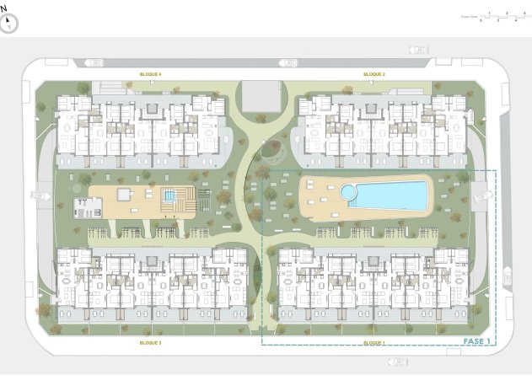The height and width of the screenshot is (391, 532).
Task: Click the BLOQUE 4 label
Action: [150, 74]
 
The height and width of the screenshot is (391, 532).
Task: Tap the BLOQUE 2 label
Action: [374, 74]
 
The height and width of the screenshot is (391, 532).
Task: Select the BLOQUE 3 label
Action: [150, 344]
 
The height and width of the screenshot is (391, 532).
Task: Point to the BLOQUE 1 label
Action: [374, 344]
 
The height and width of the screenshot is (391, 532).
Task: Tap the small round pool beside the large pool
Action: [348, 193]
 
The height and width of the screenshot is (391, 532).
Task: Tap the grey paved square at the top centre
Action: [263, 96]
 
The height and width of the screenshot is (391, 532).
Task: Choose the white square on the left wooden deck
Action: [124, 195]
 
